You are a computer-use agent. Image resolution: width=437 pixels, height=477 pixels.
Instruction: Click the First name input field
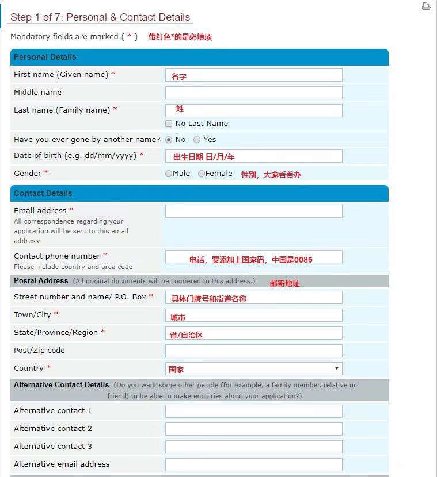pos(253,75)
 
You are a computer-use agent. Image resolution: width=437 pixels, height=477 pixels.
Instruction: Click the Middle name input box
pos(253,93)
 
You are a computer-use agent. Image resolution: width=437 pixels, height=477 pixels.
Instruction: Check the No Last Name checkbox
pos(169,124)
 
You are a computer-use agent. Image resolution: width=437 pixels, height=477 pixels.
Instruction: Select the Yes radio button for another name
pos(197,140)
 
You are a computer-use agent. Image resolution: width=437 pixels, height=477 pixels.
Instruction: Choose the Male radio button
pos(169,174)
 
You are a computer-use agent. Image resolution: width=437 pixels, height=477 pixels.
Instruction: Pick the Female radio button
pos(202,174)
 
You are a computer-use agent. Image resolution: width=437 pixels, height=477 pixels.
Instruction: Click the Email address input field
pos(253,211)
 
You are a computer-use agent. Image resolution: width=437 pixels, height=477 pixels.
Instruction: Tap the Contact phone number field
pos(253,256)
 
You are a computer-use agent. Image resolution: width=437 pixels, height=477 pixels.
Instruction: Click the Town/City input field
pos(253,315)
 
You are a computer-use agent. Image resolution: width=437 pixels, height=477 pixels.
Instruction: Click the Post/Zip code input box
pos(253,351)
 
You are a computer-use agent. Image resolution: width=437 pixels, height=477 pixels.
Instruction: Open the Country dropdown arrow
pos(336,368)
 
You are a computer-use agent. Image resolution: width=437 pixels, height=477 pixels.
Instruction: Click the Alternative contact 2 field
pos(253,429)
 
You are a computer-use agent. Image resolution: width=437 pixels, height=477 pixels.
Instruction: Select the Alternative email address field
pos(253,464)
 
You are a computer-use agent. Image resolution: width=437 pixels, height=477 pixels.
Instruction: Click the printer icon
pos(426,6)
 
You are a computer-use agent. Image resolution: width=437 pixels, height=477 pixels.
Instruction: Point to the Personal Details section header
pos(45,57)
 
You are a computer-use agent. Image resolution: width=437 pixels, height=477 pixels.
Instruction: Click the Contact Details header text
pos(43,193)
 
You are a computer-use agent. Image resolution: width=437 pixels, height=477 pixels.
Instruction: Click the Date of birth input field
pos(253,156)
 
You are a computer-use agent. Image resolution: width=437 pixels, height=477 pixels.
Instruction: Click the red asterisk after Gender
pos(46,173)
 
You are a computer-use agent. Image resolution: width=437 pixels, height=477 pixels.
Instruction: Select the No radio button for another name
pos(169,140)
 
